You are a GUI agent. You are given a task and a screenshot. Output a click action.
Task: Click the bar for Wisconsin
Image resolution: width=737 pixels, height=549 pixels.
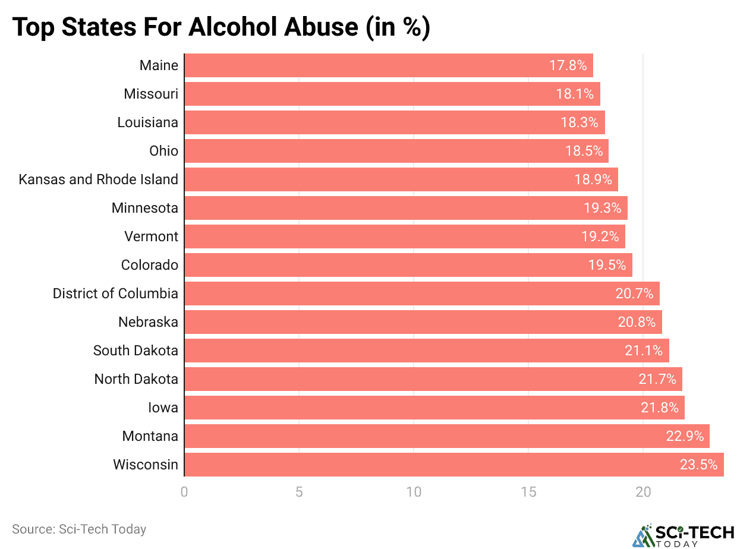[x=453, y=465]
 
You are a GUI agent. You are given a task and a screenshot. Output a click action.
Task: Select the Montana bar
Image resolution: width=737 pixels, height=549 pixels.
[x=446, y=436]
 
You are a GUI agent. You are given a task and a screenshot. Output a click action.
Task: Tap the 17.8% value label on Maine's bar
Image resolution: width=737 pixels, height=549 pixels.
[x=568, y=65]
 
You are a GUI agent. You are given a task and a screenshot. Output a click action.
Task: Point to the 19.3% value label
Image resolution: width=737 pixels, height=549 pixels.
[x=602, y=208]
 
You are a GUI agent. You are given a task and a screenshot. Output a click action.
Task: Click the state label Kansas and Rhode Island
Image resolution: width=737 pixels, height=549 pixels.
[x=98, y=179]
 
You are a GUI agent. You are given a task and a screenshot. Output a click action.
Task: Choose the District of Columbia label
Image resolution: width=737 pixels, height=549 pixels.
[x=115, y=294]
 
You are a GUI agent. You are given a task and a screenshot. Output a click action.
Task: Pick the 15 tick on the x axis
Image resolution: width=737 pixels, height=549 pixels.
[x=528, y=492]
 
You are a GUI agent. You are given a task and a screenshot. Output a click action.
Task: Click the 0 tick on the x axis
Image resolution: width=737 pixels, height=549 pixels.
[x=184, y=492]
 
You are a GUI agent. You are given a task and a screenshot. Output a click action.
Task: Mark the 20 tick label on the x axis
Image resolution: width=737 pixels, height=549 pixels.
[x=643, y=492]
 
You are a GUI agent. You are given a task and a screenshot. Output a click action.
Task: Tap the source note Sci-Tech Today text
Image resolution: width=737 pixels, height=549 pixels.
[x=79, y=529]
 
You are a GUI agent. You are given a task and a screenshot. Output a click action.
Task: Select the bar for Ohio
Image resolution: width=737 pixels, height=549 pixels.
[x=396, y=151]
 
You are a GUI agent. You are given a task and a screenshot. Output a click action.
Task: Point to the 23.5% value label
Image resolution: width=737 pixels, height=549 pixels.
[x=698, y=465]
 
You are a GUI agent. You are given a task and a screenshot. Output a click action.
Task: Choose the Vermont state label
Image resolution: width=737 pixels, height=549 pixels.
[x=151, y=236]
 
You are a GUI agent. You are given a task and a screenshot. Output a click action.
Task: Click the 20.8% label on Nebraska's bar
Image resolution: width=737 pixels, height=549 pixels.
[x=637, y=322]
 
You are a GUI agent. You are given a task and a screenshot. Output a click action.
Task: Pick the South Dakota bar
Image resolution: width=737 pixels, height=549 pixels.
[x=426, y=351]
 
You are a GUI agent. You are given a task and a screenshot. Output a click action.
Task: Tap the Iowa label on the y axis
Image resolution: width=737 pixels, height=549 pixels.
[x=163, y=408]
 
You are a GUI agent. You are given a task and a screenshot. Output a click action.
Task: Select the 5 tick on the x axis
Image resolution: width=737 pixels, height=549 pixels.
[x=299, y=492]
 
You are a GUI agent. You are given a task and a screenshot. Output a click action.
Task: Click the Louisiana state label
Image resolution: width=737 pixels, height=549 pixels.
[x=147, y=122]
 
